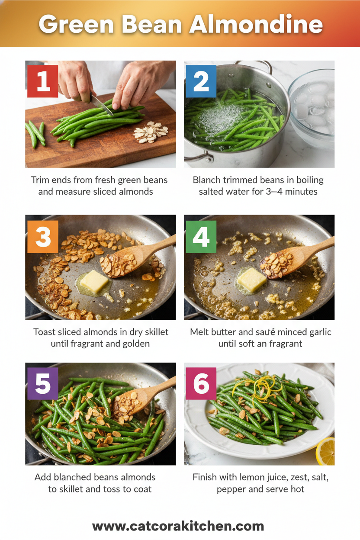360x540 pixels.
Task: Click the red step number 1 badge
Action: [42, 81]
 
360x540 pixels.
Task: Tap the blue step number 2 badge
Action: [201, 81]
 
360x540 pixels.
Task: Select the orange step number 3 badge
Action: [42, 237]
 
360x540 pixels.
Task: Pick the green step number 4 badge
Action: [201, 237]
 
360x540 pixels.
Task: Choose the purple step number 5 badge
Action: [42, 383]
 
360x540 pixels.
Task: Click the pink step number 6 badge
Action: [201, 383]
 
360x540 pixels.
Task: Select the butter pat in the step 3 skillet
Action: [94, 282]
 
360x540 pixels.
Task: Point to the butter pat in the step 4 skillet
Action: [252, 280]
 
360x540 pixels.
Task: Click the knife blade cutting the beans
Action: [102, 104]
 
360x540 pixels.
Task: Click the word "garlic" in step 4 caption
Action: [318, 332]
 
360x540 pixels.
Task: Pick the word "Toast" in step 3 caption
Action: [45, 332]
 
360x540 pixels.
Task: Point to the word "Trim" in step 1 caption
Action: [40, 180]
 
